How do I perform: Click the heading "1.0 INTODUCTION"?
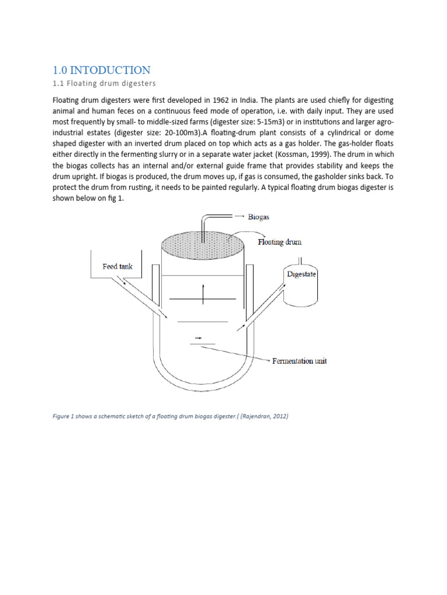[x=101, y=70]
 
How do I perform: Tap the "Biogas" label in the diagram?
[x=259, y=217]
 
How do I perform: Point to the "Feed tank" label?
[x=118, y=267]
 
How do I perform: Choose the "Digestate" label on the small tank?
[x=301, y=274]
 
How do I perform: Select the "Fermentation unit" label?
[x=300, y=361]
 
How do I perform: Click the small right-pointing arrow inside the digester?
[x=198, y=337]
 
